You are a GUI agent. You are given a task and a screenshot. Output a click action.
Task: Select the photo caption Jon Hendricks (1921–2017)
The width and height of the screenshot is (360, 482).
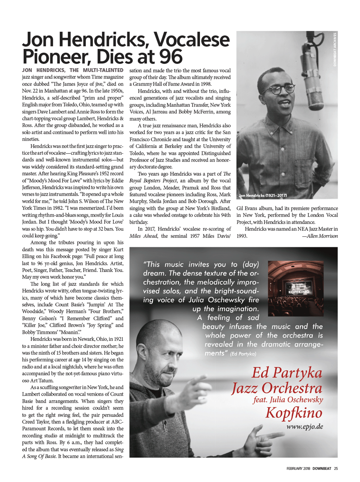(x=263, y=195)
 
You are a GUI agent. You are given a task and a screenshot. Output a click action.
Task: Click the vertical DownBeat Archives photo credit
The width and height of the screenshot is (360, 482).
(x=335, y=50)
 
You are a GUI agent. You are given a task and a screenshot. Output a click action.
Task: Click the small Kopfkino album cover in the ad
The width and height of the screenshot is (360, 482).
(x=296, y=288)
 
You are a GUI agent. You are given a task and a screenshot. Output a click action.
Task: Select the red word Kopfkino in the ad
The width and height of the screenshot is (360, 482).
(x=293, y=413)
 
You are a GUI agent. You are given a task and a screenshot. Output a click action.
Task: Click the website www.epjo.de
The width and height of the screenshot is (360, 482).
(x=304, y=427)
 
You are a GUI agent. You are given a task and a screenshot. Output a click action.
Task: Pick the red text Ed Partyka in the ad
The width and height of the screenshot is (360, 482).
(x=287, y=373)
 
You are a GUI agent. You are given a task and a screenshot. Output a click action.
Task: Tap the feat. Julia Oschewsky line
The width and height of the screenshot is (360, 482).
(x=288, y=400)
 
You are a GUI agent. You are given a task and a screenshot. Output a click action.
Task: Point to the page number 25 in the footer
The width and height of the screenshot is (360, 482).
(x=336, y=469)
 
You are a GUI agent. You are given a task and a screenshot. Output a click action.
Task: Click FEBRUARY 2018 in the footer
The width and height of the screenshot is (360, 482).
(x=298, y=469)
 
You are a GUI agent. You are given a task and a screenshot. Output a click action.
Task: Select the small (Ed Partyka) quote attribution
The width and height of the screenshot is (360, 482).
(x=243, y=354)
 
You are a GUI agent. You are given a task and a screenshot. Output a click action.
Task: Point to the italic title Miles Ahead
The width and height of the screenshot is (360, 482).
(x=143, y=236)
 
